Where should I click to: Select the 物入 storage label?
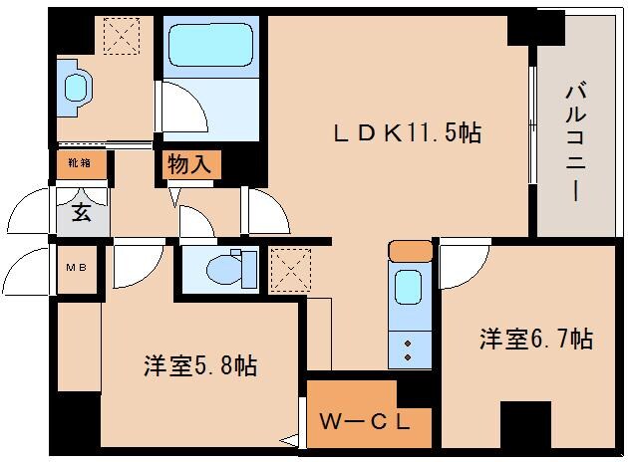click(x=188, y=164)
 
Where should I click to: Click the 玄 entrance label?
click(x=81, y=212)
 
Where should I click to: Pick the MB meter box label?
click(x=76, y=268)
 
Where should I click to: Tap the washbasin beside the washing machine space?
click(x=77, y=88)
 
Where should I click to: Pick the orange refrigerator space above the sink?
click(x=410, y=250)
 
